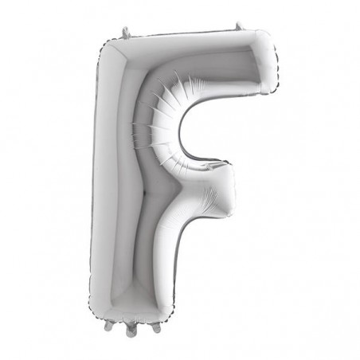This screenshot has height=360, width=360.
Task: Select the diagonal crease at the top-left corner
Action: coord(113,60)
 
